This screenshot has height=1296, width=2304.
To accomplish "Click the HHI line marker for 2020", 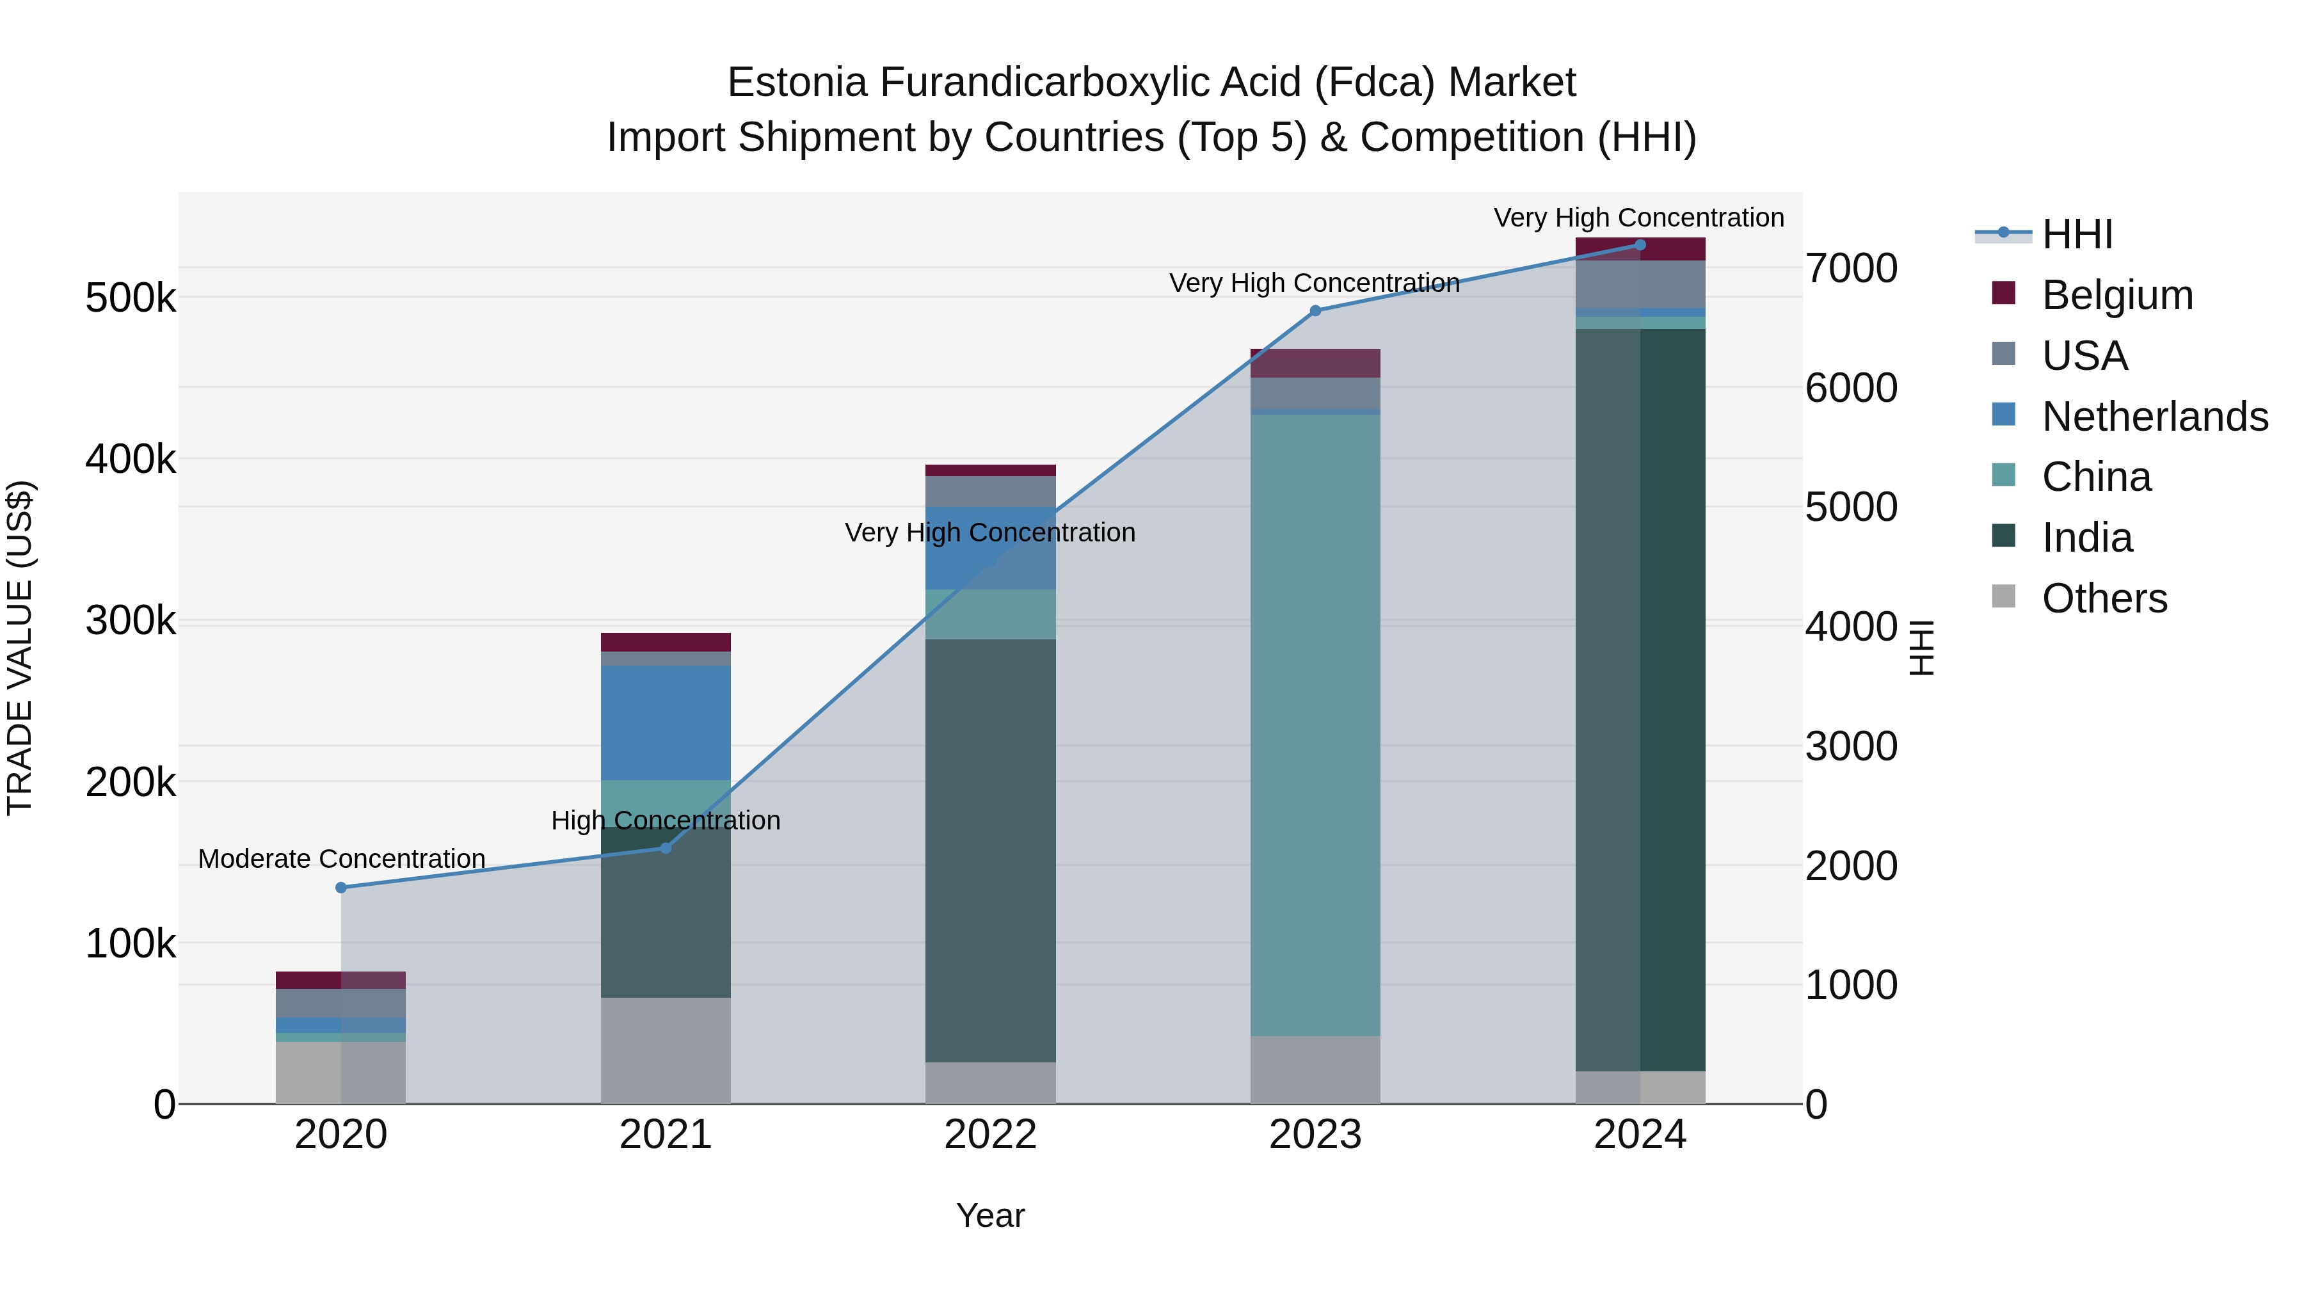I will (340, 887).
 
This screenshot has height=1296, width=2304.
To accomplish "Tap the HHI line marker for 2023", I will (1315, 311).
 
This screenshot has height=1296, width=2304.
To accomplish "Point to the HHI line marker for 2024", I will (1640, 245).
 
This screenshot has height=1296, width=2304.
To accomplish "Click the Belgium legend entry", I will (2117, 295).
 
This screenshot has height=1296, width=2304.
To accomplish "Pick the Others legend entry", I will (2104, 598).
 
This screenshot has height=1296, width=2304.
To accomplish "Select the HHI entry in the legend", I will (2077, 234).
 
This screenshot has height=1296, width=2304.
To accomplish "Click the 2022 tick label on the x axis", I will (990, 1135).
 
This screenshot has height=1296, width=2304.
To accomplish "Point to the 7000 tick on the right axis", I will (1850, 268).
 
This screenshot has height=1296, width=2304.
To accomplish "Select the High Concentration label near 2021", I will (666, 820).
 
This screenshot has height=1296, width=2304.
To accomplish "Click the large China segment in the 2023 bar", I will (1315, 724).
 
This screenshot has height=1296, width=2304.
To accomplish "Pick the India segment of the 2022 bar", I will (990, 850).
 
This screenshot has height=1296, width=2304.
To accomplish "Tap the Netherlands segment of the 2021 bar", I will (666, 723).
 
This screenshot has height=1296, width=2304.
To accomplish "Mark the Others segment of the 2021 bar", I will (666, 1050).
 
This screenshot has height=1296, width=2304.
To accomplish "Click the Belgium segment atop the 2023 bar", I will (1315, 363).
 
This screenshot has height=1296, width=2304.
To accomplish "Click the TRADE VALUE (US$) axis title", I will (20, 648).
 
